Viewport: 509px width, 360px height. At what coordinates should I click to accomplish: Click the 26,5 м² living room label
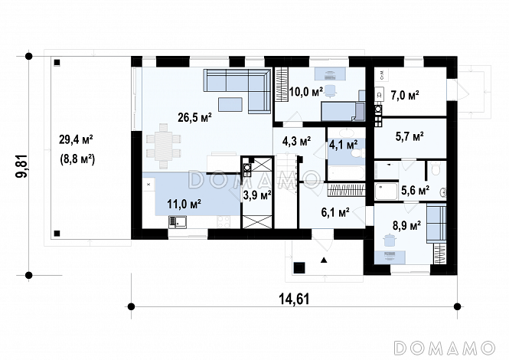pyautogui.click(x=194, y=117)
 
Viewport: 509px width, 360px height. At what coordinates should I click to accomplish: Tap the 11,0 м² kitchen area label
pyautogui.click(x=184, y=204)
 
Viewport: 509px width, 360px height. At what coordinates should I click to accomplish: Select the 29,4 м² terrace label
pyautogui.click(x=77, y=139)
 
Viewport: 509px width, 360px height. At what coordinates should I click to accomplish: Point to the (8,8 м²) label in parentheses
pyautogui.click(x=77, y=159)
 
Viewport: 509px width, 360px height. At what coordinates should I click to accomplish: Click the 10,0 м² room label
pyautogui.click(x=306, y=92)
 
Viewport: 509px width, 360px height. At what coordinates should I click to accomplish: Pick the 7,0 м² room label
pyautogui.click(x=405, y=96)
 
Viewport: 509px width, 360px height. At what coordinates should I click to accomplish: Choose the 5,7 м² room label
pyautogui.click(x=409, y=136)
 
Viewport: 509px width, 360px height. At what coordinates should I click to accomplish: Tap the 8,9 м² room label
pyautogui.click(x=407, y=225)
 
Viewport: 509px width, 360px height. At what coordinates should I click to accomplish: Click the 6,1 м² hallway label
pyautogui.click(x=335, y=213)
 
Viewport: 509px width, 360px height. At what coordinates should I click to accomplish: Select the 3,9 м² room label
pyautogui.click(x=257, y=195)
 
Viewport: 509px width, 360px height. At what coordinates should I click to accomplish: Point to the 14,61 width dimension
pyautogui.click(x=295, y=299)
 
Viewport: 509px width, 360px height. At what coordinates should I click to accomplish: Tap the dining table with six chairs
pyautogui.click(x=163, y=146)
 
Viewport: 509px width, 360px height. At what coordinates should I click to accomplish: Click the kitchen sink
pyautogui.click(x=178, y=222)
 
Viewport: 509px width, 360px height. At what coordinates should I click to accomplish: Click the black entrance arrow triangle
pyautogui.click(x=324, y=260)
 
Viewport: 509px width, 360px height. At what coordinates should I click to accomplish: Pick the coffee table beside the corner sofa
pyautogui.click(x=230, y=104)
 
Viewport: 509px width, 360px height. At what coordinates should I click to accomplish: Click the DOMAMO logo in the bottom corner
pyautogui.click(x=445, y=348)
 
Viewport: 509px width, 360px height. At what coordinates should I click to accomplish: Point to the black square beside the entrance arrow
pyautogui.click(x=299, y=267)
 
